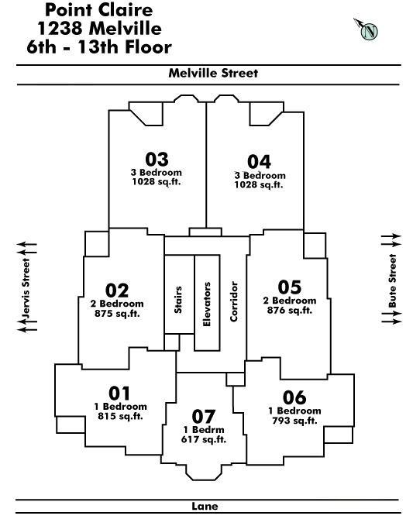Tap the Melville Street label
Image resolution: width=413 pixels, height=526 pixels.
tap(213, 73)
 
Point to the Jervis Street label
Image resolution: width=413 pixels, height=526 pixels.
tap(26, 288)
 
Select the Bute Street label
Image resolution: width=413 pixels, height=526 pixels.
tap(393, 280)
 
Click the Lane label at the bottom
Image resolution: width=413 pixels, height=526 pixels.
tap(205, 506)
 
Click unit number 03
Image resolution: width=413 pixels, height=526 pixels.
tap(157, 159)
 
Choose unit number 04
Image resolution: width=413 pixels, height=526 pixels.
tap(259, 162)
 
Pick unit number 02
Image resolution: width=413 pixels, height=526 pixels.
tap(117, 291)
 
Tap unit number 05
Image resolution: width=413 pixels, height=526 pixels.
tap(290, 287)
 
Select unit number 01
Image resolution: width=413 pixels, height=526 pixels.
tap(119, 394)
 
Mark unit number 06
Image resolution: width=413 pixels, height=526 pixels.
tap(294, 397)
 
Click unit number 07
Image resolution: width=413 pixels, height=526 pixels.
tap(204, 417)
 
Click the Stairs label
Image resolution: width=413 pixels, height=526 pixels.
tap(178, 300)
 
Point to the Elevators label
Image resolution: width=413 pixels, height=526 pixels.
tap(207, 304)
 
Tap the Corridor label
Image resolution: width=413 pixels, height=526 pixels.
tap(234, 301)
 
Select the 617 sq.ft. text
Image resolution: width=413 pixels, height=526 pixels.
tap(204, 439)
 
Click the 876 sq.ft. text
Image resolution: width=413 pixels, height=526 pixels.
tap(290, 311)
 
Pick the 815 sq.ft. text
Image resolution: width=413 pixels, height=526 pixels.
tap(120, 416)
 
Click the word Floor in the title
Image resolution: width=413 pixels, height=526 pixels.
tap(148, 47)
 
